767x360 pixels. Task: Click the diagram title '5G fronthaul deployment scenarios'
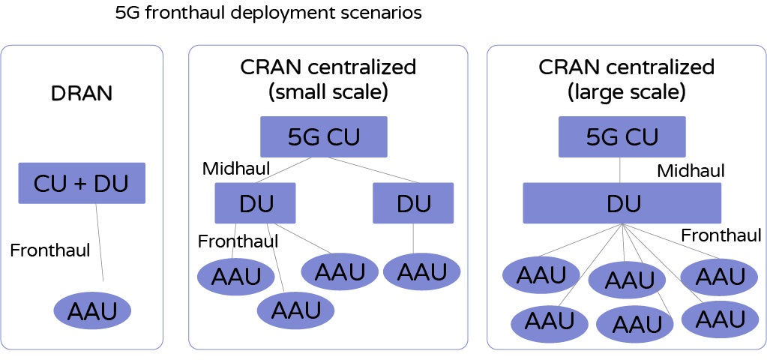(268, 13)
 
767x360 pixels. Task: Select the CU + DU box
(82, 183)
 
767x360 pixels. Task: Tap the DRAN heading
(82, 94)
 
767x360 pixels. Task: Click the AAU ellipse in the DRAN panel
(92, 311)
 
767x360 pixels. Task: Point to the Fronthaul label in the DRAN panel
(50, 250)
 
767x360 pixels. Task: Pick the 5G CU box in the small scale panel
(324, 137)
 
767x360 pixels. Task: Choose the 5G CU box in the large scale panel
(622, 137)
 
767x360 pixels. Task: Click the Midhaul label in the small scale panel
(236, 169)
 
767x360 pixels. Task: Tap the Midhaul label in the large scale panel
(691, 171)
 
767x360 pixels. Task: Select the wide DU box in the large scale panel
(622, 203)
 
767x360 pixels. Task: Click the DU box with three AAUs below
(256, 203)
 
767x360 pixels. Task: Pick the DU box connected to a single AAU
(413, 203)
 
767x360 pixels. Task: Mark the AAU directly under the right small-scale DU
(421, 271)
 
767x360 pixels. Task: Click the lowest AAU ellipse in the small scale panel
(295, 310)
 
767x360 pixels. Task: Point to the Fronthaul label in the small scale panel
(238, 241)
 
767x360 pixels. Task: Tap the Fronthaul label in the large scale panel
(722, 235)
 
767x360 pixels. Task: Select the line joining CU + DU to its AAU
(99, 242)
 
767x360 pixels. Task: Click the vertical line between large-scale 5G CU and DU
(620, 169)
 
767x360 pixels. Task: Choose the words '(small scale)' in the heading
(328, 92)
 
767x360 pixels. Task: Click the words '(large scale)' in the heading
(627, 92)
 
